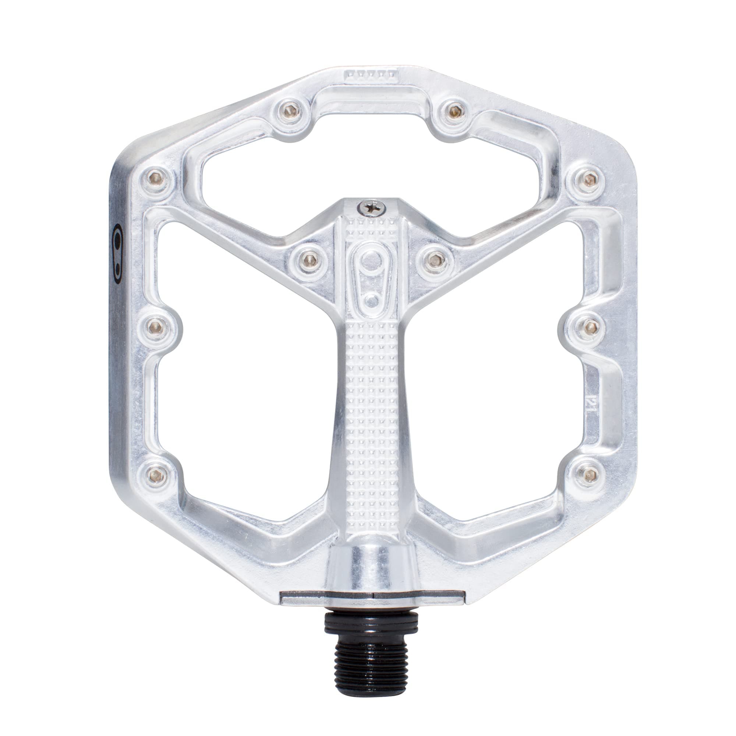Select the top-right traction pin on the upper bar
coord(453,111)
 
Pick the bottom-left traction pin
coord(156,474)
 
